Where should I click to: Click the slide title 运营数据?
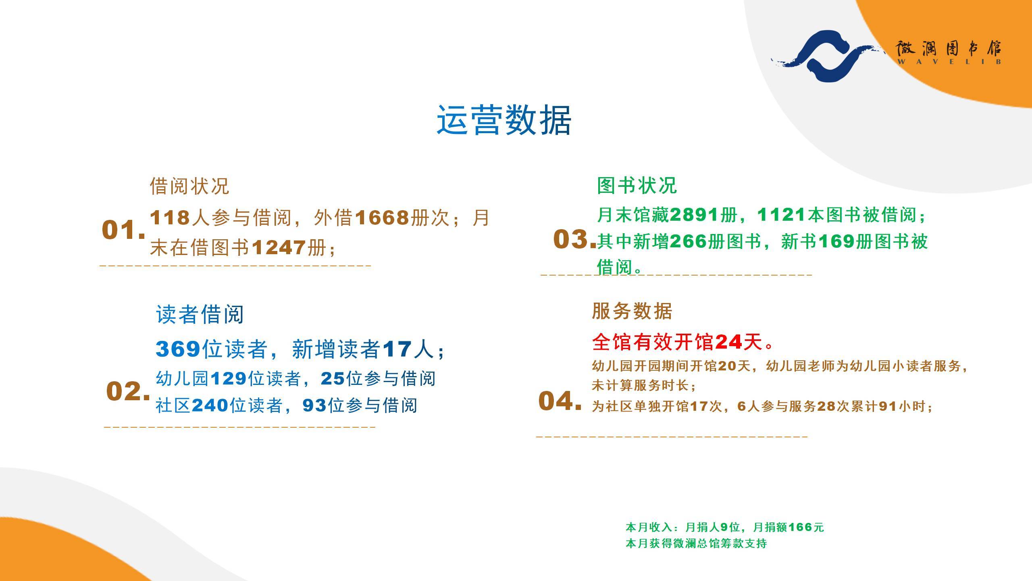coord(504,120)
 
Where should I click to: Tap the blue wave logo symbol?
coord(826,55)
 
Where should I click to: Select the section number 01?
coord(123,230)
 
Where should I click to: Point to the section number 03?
coord(574,239)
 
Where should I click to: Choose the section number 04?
coord(560,401)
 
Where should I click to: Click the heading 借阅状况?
coord(189,186)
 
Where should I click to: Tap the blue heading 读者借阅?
coord(200,314)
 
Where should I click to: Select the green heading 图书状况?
coord(637,185)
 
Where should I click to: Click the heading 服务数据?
coord(632,311)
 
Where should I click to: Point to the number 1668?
coord(382,218)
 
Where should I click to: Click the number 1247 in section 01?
coord(279,247)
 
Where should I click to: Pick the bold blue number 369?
coord(178,349)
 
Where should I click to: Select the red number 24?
coord(728,342)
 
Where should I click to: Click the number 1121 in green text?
coord(782,215)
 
